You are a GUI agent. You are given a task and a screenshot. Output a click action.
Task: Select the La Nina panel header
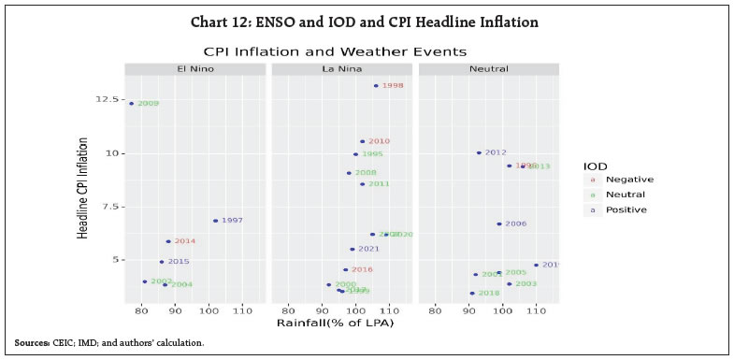point(342,69)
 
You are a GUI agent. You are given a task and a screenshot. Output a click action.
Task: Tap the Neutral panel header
point(488,69)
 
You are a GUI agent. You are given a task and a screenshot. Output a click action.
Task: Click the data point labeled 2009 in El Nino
point(131,104)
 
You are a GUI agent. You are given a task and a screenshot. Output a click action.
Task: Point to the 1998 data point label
point(393,86)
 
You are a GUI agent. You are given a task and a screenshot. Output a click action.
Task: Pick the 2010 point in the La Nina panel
point(363,142)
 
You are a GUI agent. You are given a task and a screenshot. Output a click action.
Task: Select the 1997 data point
point(215,221)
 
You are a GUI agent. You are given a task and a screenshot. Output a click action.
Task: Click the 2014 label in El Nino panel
point(185,241)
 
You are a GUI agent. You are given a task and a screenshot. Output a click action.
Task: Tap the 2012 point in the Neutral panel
point(479,152)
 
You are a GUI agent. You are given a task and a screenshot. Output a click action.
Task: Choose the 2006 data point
point(499,224)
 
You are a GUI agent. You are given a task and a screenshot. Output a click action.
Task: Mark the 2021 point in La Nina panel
point(353,250)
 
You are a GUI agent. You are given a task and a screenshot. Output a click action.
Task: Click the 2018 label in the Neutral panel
point(489,294)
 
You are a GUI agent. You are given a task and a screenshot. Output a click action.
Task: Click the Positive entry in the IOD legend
point(626,209)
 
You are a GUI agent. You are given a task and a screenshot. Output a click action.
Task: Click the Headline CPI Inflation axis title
point(83,188)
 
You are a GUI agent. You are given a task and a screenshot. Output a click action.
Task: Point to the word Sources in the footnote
point(32,343)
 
